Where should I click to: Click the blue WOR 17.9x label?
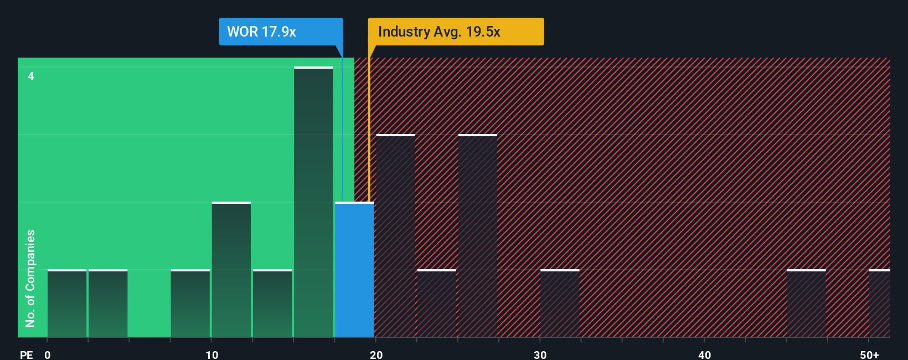tap(281, 32)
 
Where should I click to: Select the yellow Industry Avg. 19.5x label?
tap(456, 32)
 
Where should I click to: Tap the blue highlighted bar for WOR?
tap(354, 270)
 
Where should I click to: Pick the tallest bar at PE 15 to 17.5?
tap(313, 202)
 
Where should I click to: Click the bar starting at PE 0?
tap(67, 304)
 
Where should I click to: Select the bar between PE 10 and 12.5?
tap(231, 270)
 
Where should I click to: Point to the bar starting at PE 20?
tap(395, 236)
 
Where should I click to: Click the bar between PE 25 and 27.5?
tap(478, 236)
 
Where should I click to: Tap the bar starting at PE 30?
tap(560, 304)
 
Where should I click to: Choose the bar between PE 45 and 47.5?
tap(806, 304)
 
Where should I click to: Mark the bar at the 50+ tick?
tap(879, 304)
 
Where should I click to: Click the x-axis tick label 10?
tap(212, 354)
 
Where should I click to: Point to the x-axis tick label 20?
tap(376, 354)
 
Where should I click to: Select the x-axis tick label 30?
tap(540, 354)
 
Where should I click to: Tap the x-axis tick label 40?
tap(705, 354)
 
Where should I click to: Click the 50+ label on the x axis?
tap(869, 354)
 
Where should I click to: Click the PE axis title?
tap(27, 354)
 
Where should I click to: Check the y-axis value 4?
tap(31, 76)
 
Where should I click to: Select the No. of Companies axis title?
tap(30, 278)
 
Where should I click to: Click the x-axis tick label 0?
tap(48, 354)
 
